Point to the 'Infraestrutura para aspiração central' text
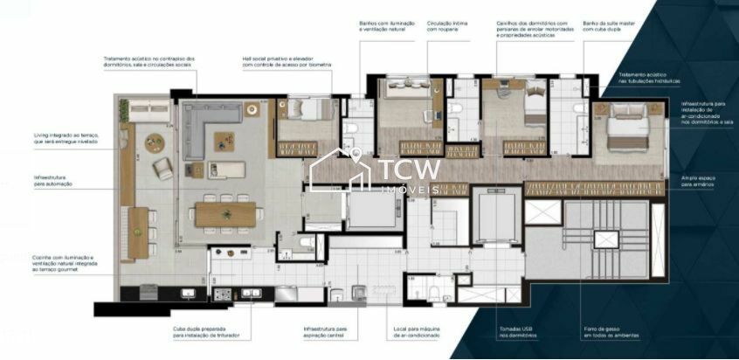coord(324,332)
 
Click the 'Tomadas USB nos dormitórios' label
coord(516,332)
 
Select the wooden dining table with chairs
coord(226,213)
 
